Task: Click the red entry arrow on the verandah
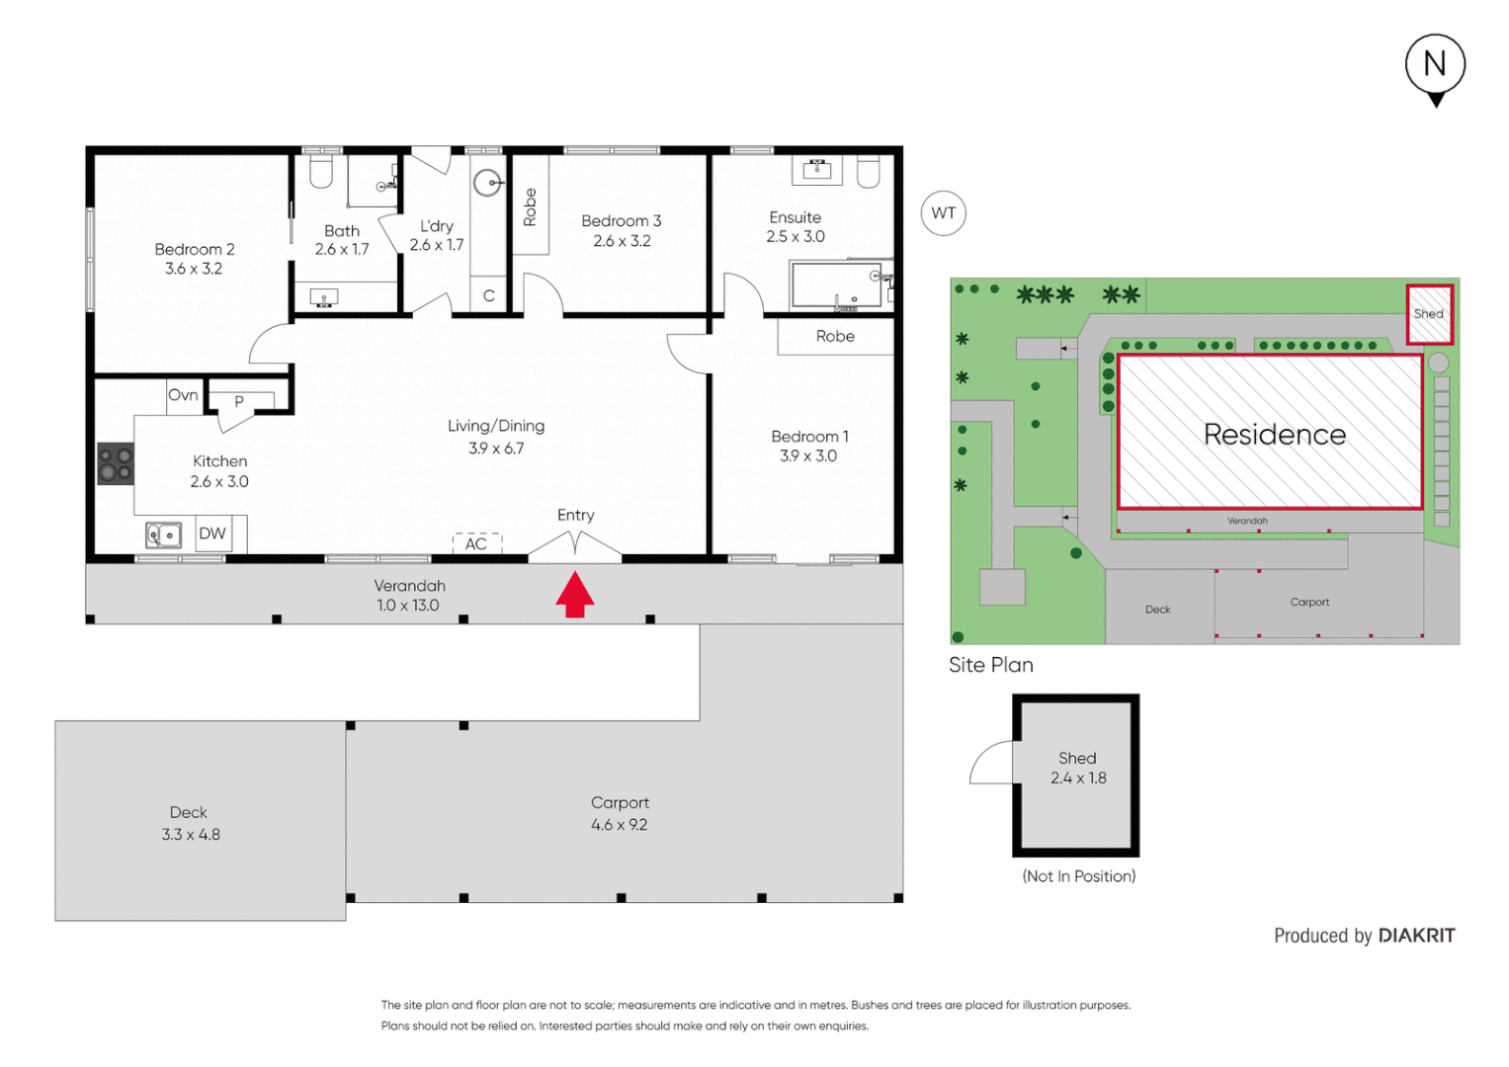click(574, 595)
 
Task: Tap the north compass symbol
click(1435, 67)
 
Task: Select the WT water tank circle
click(943, 213)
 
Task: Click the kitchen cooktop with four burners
click(116, 464)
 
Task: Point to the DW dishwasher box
click(212, 533)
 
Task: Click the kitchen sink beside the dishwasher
click(164, 535)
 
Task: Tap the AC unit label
click(476, 543)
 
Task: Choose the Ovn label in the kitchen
click(183, 395)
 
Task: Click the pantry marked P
click(239, 401)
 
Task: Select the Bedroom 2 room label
click(194, 249)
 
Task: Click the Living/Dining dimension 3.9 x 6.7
click(496, 449)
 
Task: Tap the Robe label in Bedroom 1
click(835, 337)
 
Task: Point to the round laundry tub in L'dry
click(487, 184)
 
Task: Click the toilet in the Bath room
click(321, 172)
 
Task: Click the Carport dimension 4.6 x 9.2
click(620, 825)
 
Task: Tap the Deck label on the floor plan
click(188, 812)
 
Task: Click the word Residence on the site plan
click(1274, 435)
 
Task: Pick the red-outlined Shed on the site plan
click(1429, 314)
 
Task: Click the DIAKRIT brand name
click(1416, 936)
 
